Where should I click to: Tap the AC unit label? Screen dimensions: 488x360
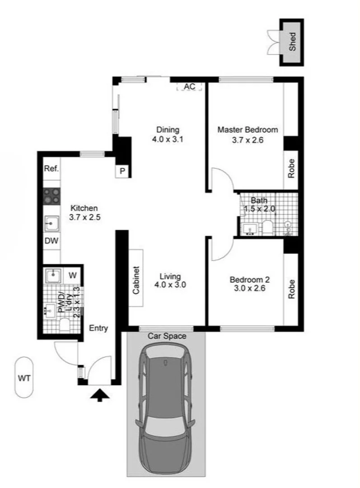(x=190, y=87)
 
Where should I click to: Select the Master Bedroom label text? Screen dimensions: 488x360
(x=248, y=130)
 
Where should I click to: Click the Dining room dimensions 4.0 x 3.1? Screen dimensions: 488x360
(x=168, y=140)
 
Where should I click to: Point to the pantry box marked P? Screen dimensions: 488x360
(x=122, y=171)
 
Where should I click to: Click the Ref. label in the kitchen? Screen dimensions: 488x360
(x=51, y=169)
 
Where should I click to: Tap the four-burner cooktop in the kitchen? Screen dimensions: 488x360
(x=51, y=197)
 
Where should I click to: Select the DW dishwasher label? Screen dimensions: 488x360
(x=51, y=241)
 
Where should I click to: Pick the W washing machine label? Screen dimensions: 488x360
(x=72, y=274)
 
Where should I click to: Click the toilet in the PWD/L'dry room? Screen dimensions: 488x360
(x=65, y=324)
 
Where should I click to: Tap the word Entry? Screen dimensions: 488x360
(x=98, y=328)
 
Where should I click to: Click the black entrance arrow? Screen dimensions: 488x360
(x=100, y=395)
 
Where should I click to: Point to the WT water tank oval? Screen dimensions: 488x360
(x=24, y=378)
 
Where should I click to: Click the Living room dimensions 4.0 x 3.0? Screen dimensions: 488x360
(x=170, y=285)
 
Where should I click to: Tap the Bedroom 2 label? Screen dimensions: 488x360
(x=249, y=280)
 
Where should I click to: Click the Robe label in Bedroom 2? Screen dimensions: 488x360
(x=291, y=289)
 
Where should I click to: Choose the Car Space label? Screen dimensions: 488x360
(x=167, y=336)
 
